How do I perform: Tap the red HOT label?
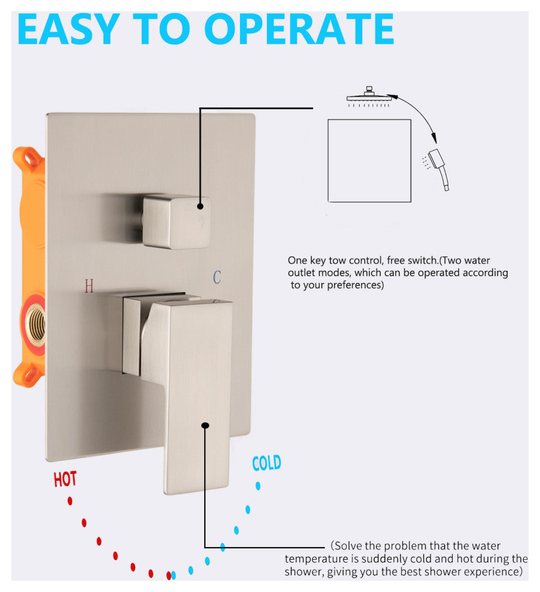pyautogui.click(x=65, y=479)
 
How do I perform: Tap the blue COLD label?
pyautogui.click(x=267, y=463)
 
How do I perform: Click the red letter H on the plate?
pyautogui.click(x=89, y=286)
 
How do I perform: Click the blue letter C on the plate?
pyautogui.click(x=217, y=277)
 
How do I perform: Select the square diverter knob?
pyautogui.click(x=176, y=222)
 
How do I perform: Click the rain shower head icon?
pyautogui.click(x=368, y=97)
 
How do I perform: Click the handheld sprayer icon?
pyautogui.click(x=438, y=169)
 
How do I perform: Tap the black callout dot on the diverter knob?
pyautogui.click(x=201, y=206)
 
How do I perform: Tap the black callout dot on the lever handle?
pyautogui.click(x=205, y=426)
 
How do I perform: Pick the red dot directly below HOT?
pyautogui.click(x=70, y=501)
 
